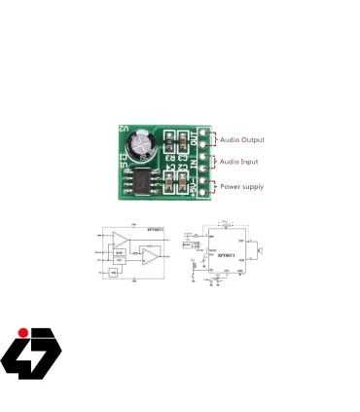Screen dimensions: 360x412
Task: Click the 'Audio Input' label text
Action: (237, 162)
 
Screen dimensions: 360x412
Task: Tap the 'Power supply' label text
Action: (240, 185)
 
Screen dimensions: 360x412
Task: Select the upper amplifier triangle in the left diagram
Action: (122, 241)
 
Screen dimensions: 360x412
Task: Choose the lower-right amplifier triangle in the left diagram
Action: (152, 256)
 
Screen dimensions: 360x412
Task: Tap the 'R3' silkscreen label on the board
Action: (170, 156)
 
